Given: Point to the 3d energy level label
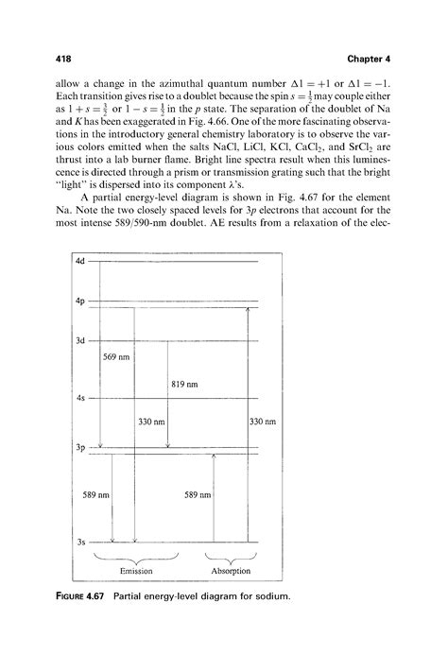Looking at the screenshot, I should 80,339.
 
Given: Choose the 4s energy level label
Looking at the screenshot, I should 80,398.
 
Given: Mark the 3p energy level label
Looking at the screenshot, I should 80,448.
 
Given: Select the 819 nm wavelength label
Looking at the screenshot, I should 184,385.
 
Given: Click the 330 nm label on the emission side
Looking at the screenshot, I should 151,422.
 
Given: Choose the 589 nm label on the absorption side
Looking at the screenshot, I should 197,493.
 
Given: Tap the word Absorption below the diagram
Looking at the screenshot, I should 231,571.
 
